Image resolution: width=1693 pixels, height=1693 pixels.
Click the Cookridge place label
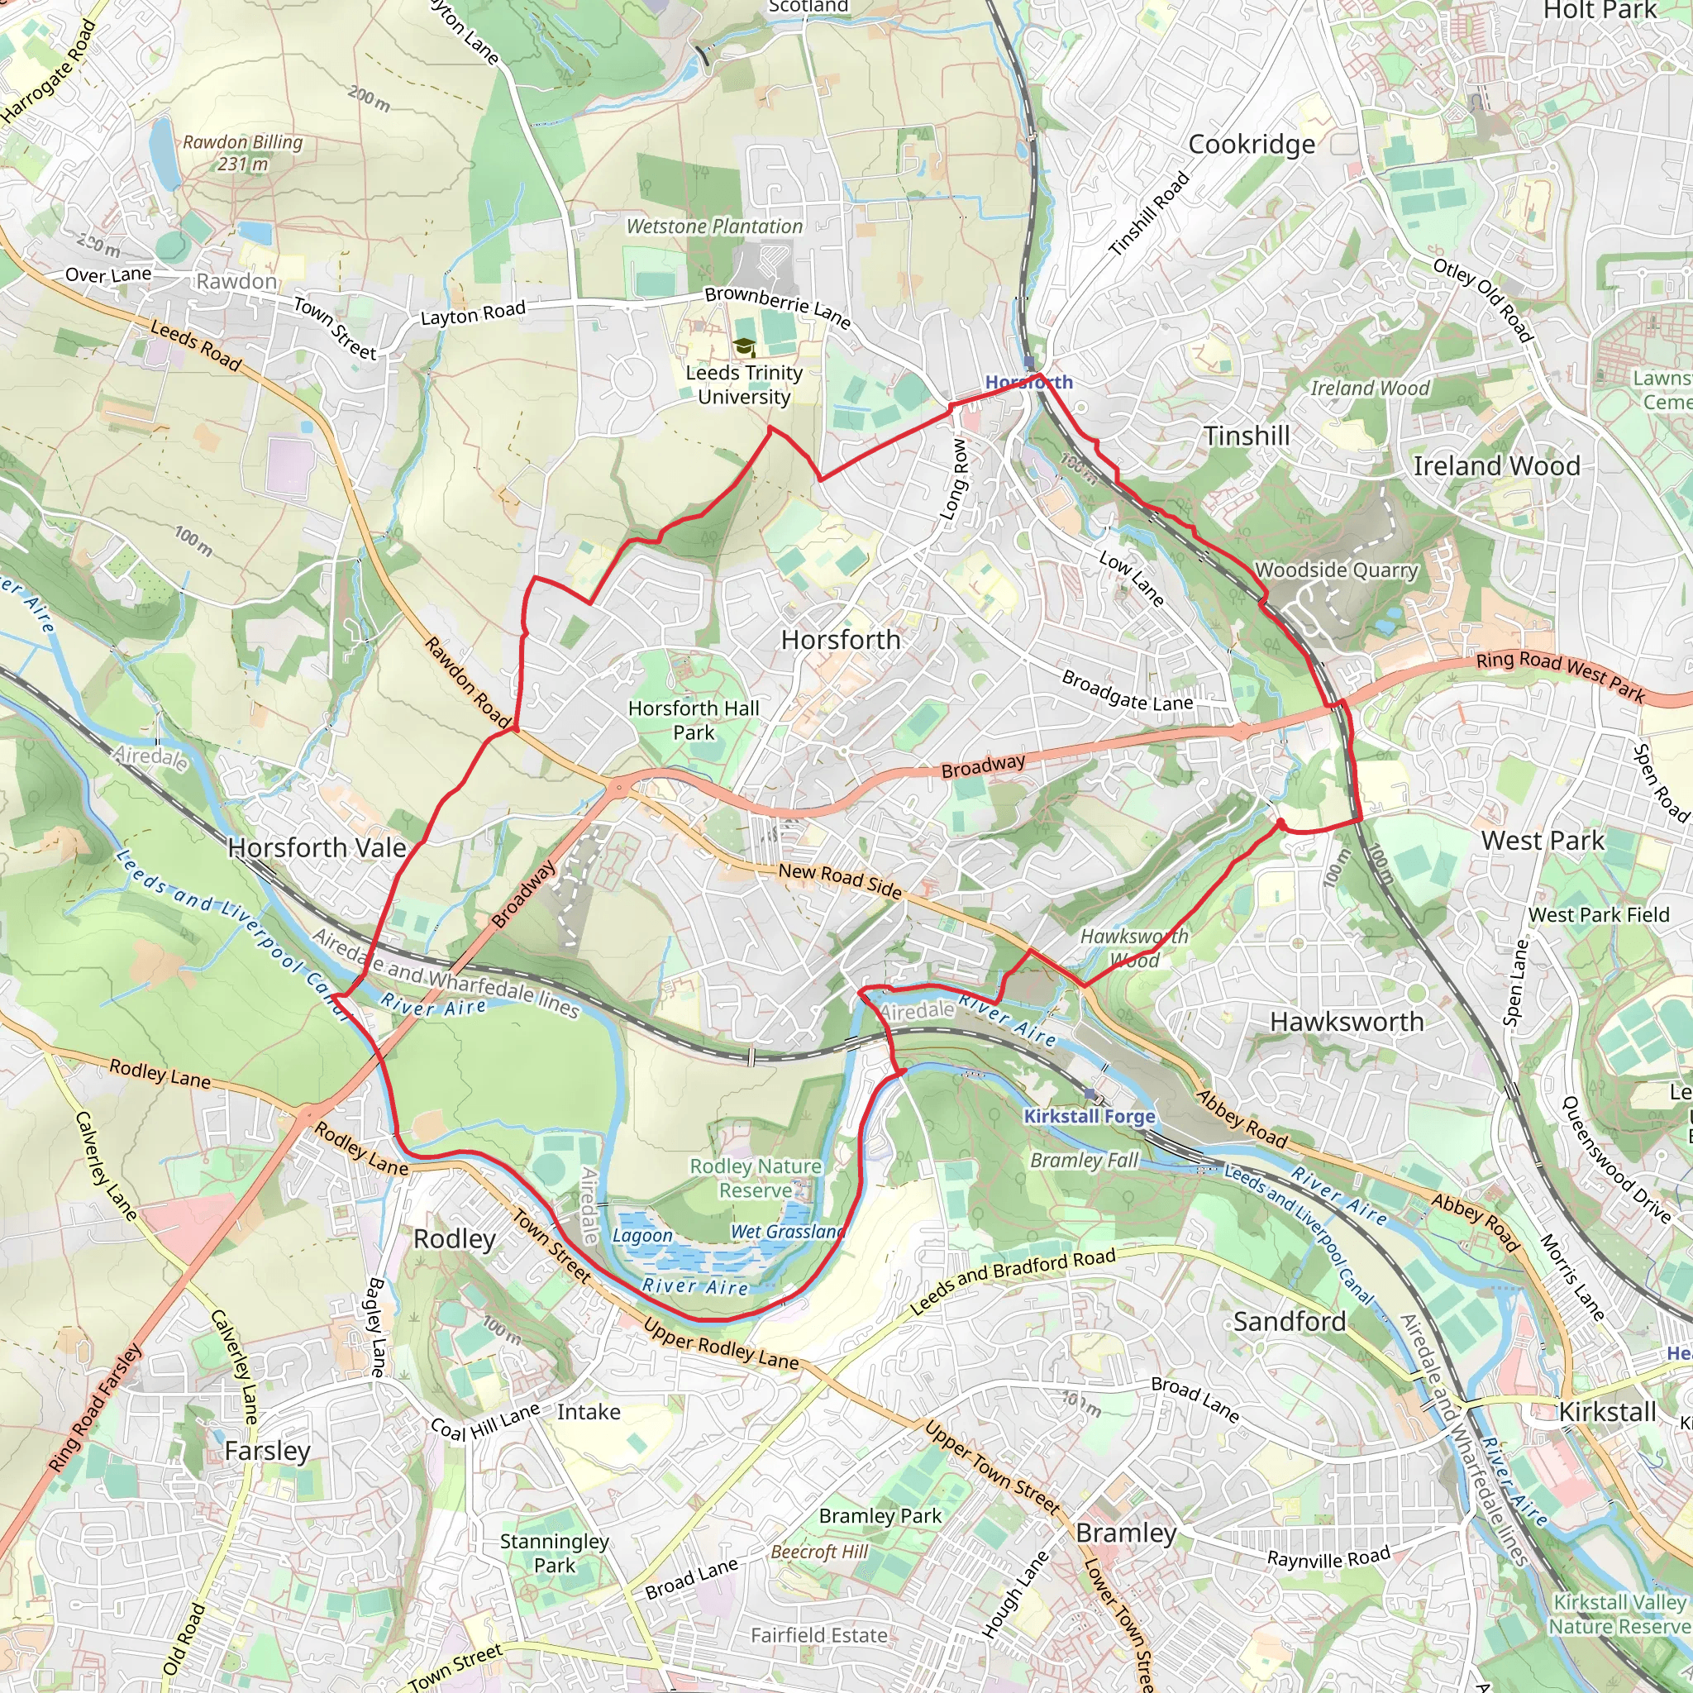[1251, 145]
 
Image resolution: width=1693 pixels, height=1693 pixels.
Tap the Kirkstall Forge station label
[1090, 1115]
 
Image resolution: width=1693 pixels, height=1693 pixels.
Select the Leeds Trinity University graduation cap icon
[744, 348]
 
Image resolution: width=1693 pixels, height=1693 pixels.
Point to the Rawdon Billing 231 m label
[243, 152]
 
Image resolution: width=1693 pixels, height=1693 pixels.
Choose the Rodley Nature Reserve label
[756, 1178]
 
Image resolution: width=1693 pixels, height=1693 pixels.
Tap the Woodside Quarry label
[1337, 570]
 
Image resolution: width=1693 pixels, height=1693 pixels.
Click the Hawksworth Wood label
[1134, 948]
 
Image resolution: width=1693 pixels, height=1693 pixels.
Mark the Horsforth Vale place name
[317, 847]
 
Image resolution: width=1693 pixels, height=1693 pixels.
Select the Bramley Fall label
[1084, 1160]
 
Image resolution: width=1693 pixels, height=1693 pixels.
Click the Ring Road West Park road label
[1560, 675]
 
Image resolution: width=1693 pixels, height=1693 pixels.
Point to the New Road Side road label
[840, 880]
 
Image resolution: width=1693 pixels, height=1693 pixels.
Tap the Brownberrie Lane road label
[777, 306]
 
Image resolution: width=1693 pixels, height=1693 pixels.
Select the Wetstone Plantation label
[714, 226]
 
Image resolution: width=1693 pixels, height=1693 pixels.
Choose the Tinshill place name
[1246, 436]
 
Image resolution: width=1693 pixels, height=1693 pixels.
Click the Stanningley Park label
[554, 1552]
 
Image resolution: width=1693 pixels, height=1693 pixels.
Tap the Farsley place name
[267, 1450]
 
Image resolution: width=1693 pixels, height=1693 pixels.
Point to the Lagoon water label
[642, 1236]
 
